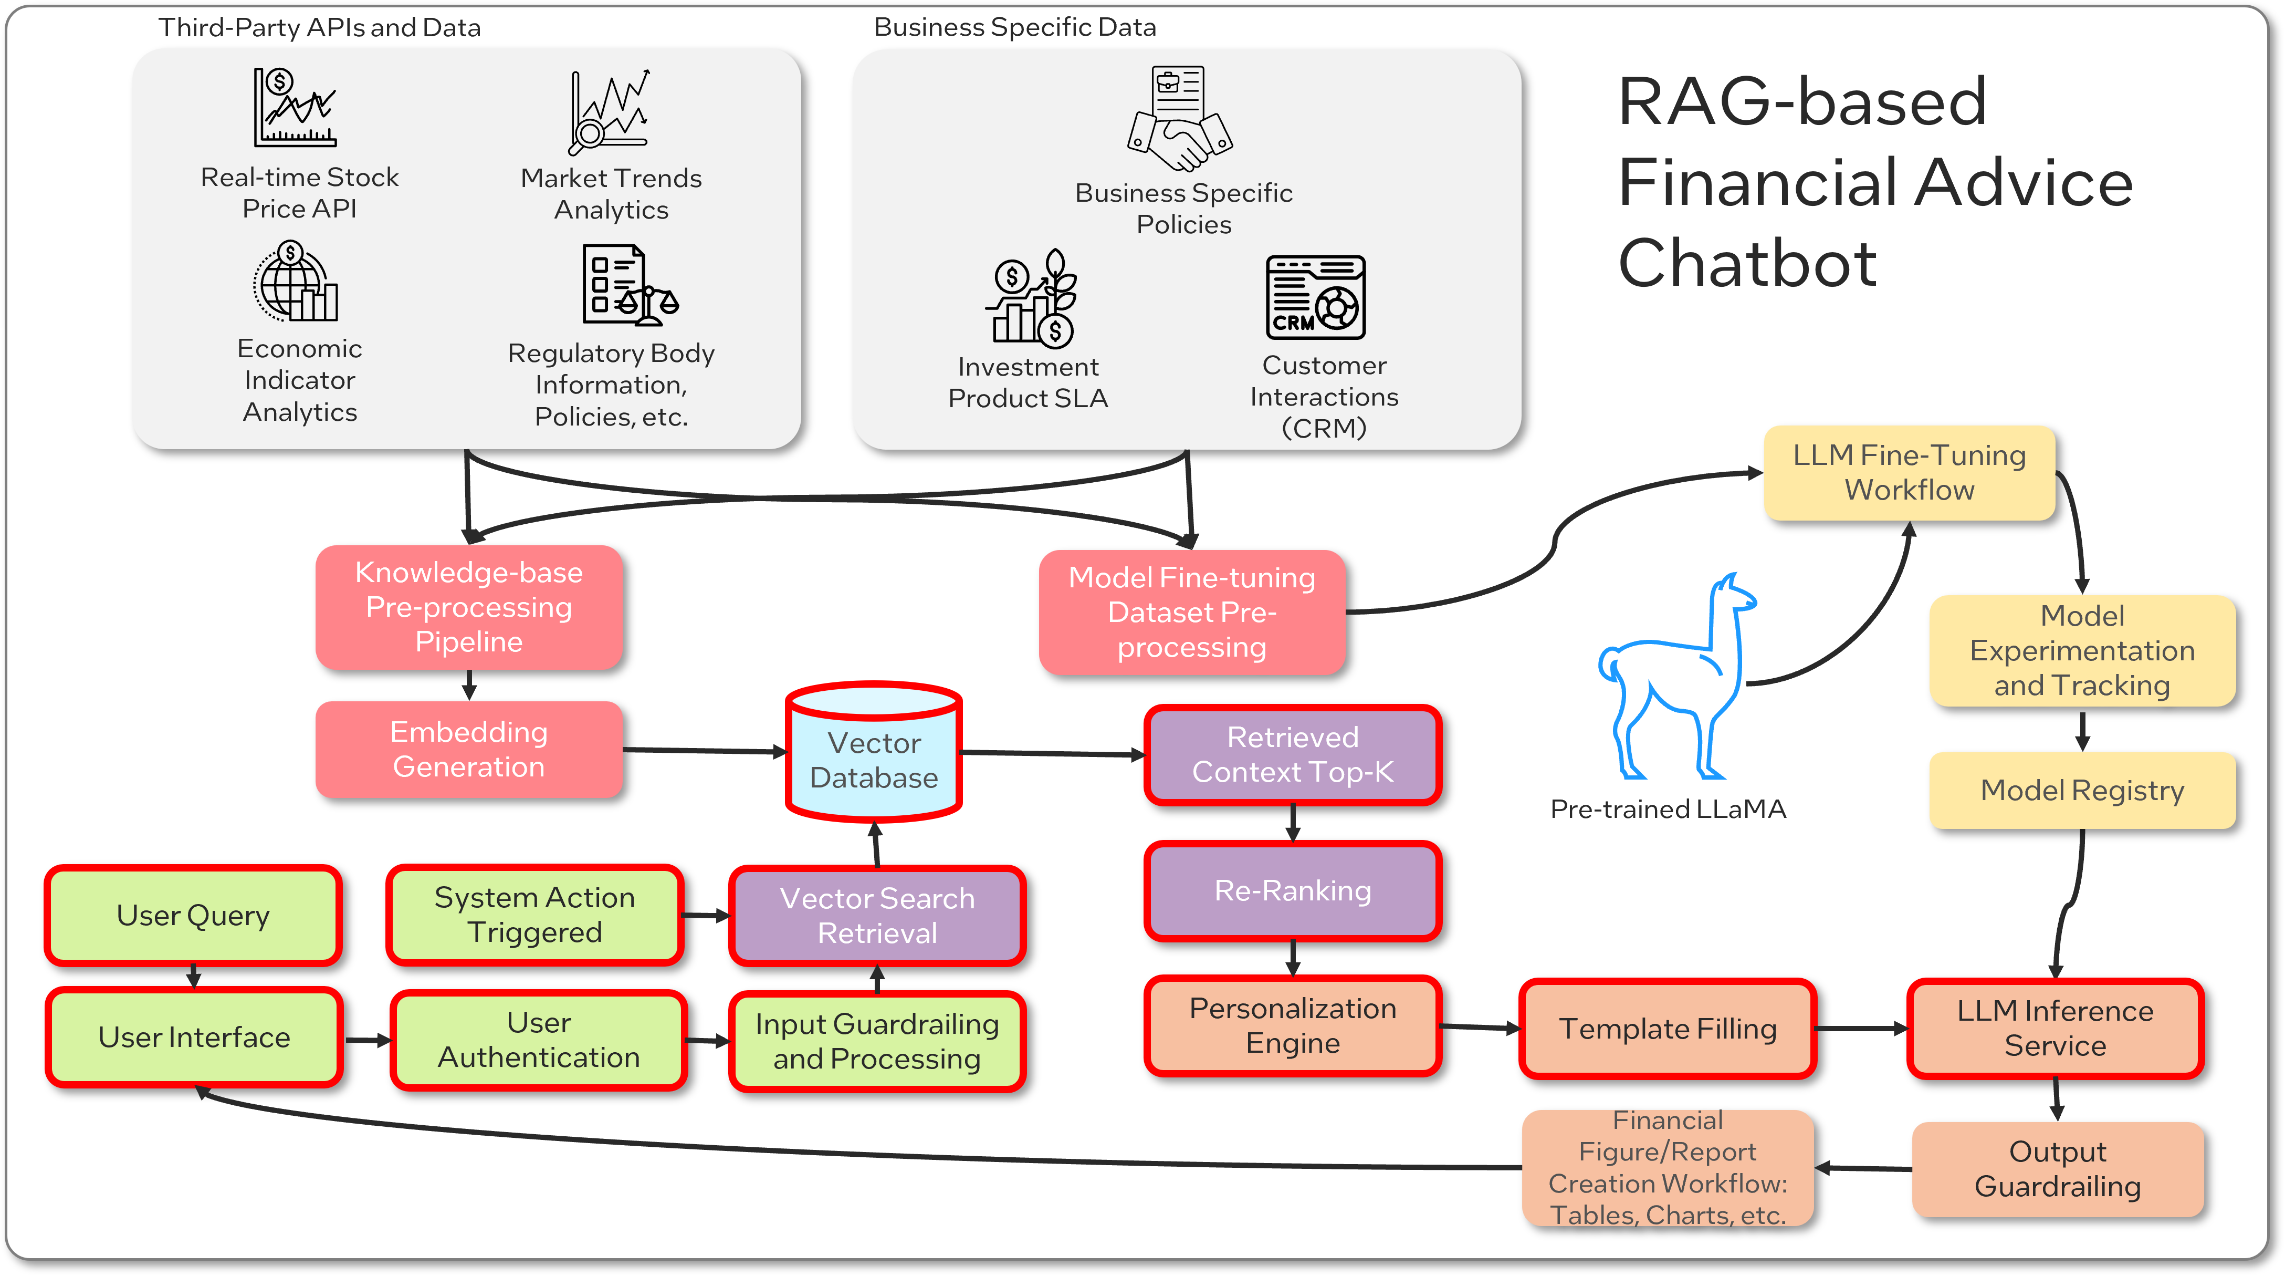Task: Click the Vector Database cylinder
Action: [x=874, y=752]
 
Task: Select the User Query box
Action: [x=193, y=915]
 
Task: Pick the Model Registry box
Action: [x=2082, y=790]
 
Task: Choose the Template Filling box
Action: [x=1668, y=1029]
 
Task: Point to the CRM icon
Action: [x=1315, y=297]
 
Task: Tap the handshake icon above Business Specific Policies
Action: [x=1180, y=120]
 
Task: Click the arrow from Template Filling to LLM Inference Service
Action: [x=1861, y=1029]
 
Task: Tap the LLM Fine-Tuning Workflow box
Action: [x=1909, y=472]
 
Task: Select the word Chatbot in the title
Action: [x=1747, y=264]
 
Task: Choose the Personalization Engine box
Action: [x=1293, y=1026]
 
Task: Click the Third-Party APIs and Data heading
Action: [x=319, y=27]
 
